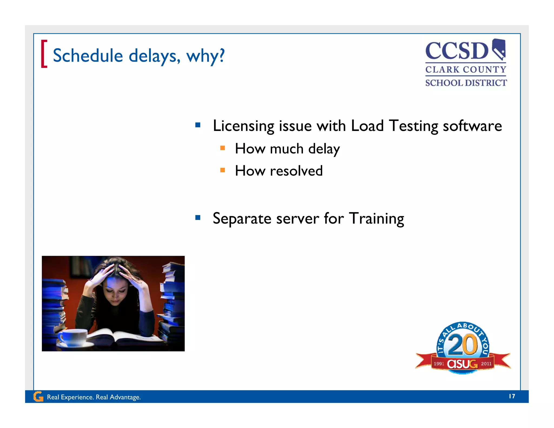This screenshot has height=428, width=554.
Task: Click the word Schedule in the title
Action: click(88, 56)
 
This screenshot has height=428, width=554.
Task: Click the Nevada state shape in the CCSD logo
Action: click(499, 49)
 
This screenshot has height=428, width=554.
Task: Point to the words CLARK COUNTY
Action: click(466, 70)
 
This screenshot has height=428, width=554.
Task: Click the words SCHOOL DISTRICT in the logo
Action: click(466, 83)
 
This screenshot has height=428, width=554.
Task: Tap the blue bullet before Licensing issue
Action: click(198, 125)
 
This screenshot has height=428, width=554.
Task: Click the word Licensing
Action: click(243, 126)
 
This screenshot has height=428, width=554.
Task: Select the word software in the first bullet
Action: click(472, 126)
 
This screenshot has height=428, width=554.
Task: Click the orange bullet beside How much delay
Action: click(223, 148)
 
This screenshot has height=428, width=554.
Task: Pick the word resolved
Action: click(296, 171)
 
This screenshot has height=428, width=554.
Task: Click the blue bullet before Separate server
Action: click(198, 218)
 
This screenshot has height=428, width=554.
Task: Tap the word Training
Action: click(376, 219)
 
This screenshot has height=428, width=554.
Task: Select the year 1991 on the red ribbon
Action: click(439, 364)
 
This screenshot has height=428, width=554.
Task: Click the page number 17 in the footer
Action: click(512, 396)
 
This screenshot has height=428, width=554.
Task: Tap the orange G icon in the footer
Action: click(38, 397)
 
